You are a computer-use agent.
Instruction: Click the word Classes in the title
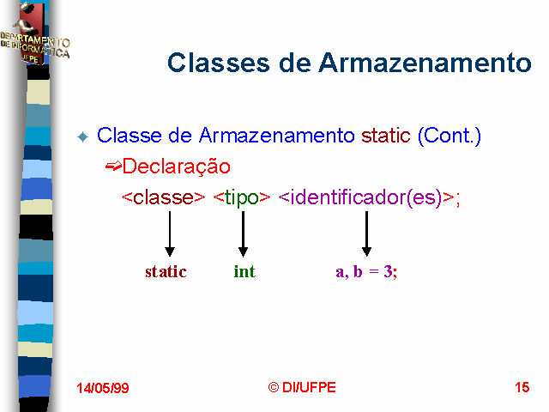pos(219,63)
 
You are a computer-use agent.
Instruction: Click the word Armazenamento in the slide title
pos(425,63)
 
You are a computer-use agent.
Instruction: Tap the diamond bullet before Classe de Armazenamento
pos(83,136)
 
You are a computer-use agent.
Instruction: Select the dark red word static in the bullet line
pos(385,136)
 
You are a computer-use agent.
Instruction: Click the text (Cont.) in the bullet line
pos(449,136)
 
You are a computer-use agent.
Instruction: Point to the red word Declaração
pos(177,167)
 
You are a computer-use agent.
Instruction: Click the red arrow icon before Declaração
pos(113,166)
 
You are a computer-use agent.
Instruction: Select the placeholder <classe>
pos(163,197)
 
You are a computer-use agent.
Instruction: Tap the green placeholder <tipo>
pos(242,198)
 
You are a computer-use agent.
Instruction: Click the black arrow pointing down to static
pos(170,233)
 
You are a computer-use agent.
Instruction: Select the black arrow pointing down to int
pos(243,233)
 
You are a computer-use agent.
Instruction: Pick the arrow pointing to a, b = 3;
pos(366,233)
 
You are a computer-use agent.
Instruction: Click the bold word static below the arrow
pos(166,271)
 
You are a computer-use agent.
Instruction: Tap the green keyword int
pos(244,271)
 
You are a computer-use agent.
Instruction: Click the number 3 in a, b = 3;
pos(388,271)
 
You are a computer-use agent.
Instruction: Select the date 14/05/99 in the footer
pos(103,388)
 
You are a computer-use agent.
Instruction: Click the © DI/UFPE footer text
pos(302,387)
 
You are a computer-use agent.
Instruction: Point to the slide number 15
pos(522,387)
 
